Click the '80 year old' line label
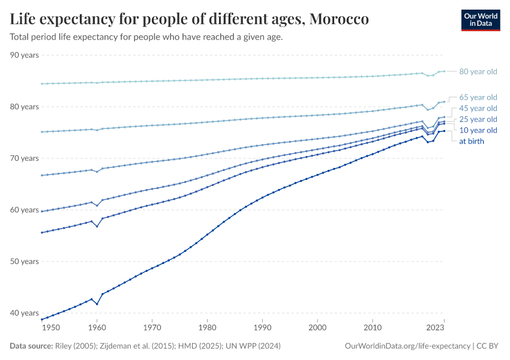coord(478,72)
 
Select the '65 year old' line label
coord(478,97)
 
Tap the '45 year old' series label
coord(478,109)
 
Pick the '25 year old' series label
coord(478,119)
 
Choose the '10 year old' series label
coord(478,130)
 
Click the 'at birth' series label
coord(471,142)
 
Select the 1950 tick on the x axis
coord(51,328)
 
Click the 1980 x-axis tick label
coord(207,328)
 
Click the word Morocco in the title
coord(339,19)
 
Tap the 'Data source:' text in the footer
coord(31,346)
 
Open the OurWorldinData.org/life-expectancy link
coord(407,346)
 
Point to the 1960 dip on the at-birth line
coord(97,304)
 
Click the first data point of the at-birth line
coord(41,319)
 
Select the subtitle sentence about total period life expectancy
coord(146,37)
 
